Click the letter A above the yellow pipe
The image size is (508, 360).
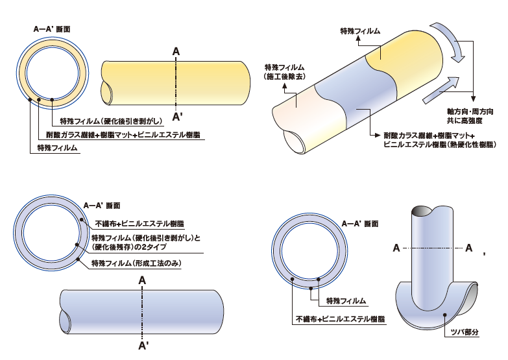point(176,51)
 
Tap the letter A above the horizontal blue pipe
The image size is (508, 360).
point(142,280)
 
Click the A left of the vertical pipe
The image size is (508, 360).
point(396,247)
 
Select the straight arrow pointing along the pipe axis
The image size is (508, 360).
point(444,88)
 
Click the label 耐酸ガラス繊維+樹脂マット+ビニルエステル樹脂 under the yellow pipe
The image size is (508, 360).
point(123,135)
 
